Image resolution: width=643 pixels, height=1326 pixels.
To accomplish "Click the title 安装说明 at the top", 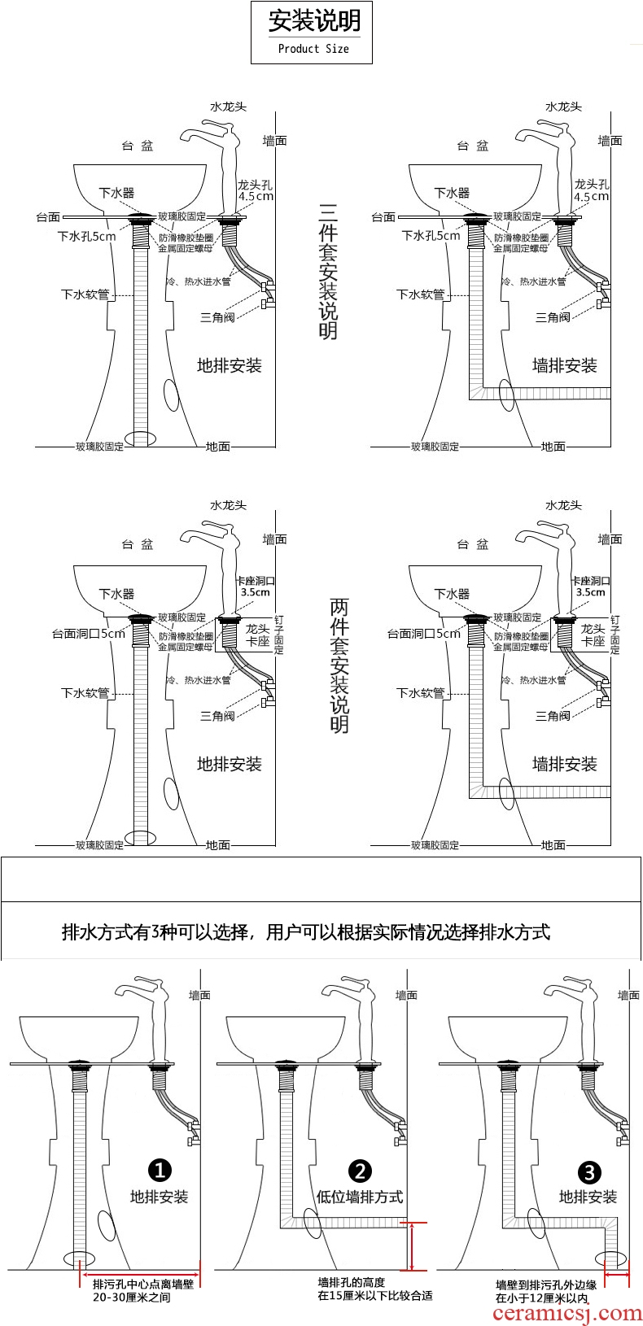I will (x=314, y=22).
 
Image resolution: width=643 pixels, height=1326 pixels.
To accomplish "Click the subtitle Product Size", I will (x=313, y=49).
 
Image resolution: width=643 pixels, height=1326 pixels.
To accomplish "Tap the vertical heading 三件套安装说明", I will (x=327, y=272).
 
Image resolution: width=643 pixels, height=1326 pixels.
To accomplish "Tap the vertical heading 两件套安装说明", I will (x=339, y=665).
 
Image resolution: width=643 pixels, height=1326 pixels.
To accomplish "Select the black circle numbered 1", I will (x=160, y=1170).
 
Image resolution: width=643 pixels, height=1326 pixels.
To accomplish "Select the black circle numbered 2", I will (x=360, y=1171).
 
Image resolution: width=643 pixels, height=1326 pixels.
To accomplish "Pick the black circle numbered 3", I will (x=588, y=1172).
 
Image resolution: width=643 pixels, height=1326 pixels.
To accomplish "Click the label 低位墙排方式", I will (x=360, y=1197).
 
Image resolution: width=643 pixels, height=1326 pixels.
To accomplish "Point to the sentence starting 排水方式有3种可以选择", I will (x=306, y=932).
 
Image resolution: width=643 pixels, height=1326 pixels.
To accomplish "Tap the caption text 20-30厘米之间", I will (x=132, y=1298).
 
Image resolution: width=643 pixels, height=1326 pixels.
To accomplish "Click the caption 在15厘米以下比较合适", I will (x=374, y=1295).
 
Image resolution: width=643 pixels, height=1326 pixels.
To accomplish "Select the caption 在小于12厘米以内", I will (x=541, y=1298).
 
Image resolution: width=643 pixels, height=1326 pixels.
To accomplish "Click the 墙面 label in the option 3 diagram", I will (x=628, y=995).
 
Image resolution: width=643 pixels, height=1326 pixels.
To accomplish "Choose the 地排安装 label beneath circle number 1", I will (x=160, y=1197).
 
